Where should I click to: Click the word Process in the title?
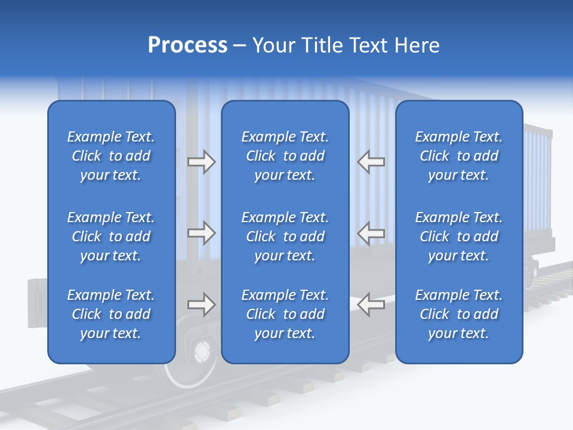click(187, 45)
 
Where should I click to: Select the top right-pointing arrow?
click(201, 162)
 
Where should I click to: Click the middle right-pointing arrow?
click(201, 233)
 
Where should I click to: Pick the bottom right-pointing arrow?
click(201, 305)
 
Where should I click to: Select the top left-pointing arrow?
click(371, 162)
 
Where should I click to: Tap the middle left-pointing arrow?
click(371, 233)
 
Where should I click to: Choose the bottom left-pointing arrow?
click(371, 305)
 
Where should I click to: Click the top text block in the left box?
click(111, 156)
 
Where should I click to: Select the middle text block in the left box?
click(111, 236)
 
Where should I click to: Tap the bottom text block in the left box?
click(111, 314)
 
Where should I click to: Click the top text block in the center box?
click(285, 156)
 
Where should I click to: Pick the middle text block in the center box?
click(285, 236)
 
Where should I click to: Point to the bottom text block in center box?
click(285, 314)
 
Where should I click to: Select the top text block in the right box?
click(458, 156)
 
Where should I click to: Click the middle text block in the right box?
click(458, 236)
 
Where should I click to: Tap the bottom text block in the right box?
click(458, 314)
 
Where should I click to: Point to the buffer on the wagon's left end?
click(37, 303)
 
